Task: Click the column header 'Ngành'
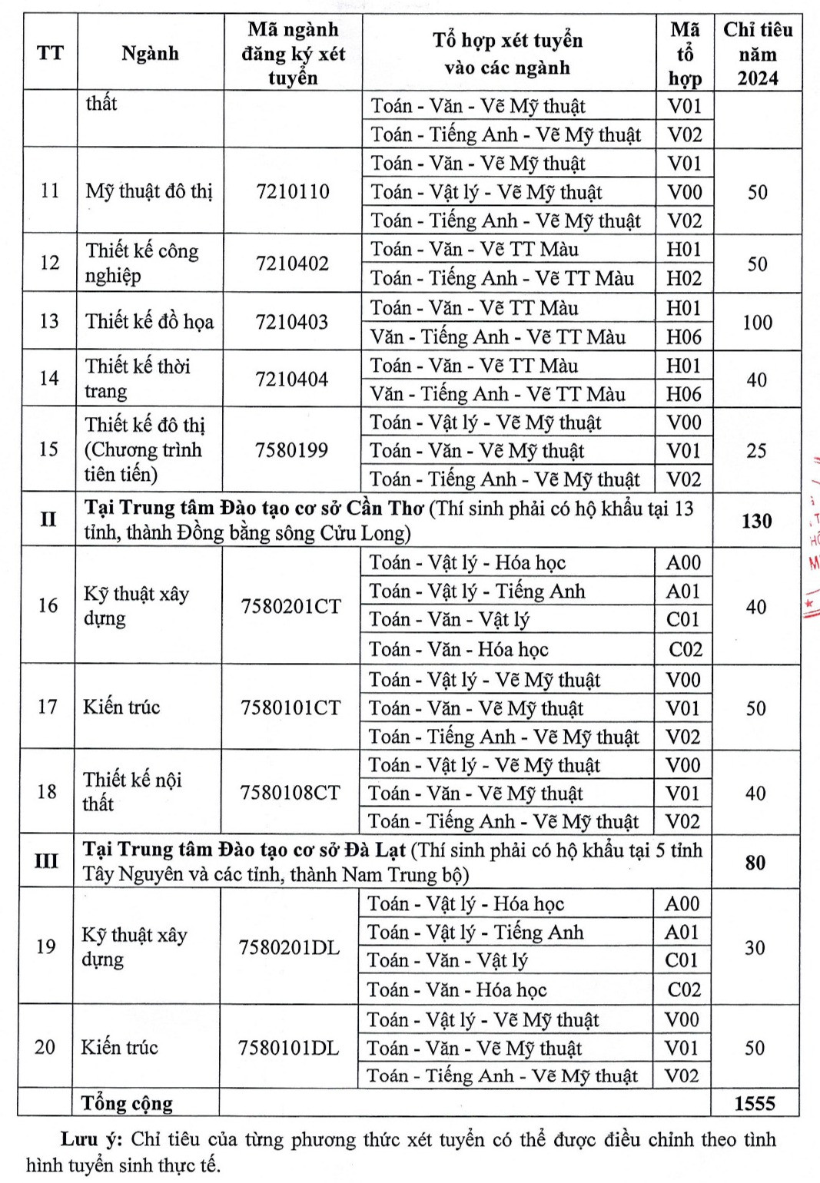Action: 150,53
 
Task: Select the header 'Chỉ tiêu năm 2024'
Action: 757,53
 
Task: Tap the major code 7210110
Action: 293,191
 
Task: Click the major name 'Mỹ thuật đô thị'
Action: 149,191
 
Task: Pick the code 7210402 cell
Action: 292,263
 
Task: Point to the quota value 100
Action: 757,323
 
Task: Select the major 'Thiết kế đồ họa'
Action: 149,321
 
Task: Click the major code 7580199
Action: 291,450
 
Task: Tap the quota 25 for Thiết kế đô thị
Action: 756,451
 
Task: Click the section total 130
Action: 756,521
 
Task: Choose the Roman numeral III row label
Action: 46,861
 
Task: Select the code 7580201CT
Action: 290,606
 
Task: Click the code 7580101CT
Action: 290,707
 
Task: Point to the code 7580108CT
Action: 290,793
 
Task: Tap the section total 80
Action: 755,863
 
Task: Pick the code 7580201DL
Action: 289,947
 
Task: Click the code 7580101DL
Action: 288,1048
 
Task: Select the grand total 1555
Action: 754,1104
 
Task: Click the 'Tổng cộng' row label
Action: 128,1104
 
